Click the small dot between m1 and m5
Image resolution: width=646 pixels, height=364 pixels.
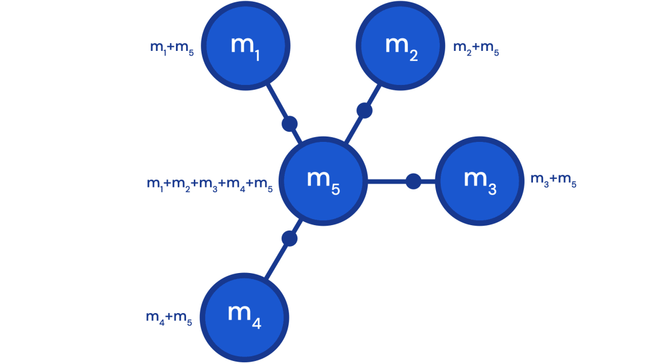pyautogui.click(x=290, y=124)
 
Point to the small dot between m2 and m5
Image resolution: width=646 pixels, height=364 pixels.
pyautogui.click(x=364, y=110)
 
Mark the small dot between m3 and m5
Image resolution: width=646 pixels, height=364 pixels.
pyautogui.click(x=413, y=181)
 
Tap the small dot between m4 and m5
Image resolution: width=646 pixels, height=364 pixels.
pyautogui.click(x=290, y=238)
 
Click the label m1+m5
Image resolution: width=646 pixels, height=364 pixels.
pyautogui.click(x=172, y=48)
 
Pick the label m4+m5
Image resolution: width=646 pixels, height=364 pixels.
pyautogui.click(x=169, y=318)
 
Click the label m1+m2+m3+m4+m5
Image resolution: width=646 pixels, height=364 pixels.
pyautogui.click(x=209, y=186)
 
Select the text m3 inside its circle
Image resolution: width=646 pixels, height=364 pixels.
pyautogui.click(x=480, y=180)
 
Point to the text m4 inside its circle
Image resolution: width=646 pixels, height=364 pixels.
pyautogui.click(x=244, y=316)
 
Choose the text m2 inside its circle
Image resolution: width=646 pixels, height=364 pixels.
pyautogui.click(x=401, y=47)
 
